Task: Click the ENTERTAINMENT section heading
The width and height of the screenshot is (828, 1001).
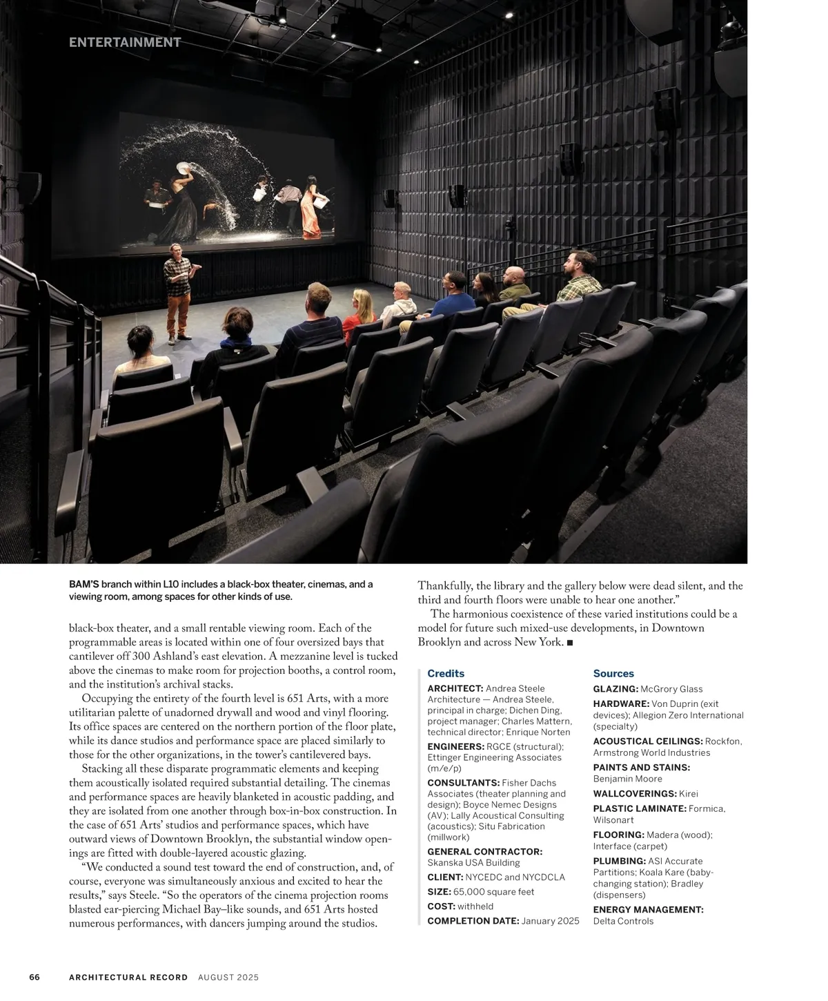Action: pyautogui.click(x=125, y=42)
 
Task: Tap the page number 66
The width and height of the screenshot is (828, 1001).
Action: pyautogui.click(x=34, y=977)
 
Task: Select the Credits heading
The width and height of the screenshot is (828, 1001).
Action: pyautogui.click(x=446, y=673)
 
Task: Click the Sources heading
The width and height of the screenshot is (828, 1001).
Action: pyautogui.click(x=613, y=673)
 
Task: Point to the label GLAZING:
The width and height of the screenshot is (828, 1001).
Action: pyautogui.click(x=615, y=689)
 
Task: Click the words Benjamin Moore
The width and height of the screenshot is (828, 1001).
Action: pyautogui.click(x=627, y=779)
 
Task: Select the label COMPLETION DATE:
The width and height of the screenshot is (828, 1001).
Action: pyautogui.click(x=473, y=921)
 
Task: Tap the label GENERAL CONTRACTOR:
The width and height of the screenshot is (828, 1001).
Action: pyautogui.click(x=484, y=852)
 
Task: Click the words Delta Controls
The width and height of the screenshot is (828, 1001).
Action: pyautogui.click(x=623, y=921)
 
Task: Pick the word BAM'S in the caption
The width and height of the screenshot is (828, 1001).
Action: pyautogui.click(x=84, y=585)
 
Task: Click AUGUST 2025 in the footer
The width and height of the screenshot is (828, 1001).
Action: pyautogui.click(x=228, y=977)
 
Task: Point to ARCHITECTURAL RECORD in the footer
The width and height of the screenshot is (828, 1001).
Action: pyautogui.click(x=128, y=977)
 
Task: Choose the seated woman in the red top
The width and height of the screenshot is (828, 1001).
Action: pyautogui.click(x=359, y=314)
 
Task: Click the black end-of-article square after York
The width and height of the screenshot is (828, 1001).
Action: pyautogui.click(x=569, y=643)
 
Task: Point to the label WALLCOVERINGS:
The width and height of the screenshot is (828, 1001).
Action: pyautogui.click(x=635, y=794)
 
